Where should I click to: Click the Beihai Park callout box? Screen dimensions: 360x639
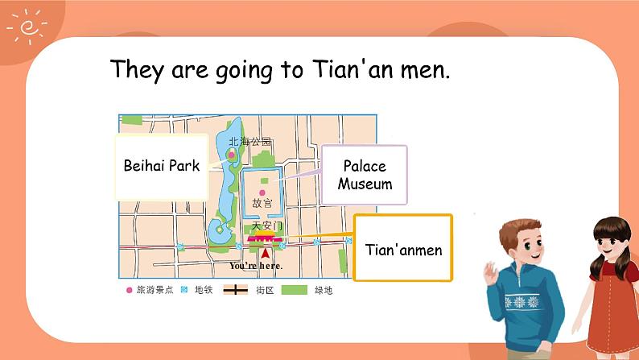(162, 167)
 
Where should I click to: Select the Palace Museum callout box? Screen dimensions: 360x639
(365, 175)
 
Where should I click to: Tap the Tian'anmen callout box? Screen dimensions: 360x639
(403, 249)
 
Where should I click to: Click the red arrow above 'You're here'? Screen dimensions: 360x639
(265, 253)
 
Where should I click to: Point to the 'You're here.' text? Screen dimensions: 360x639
(256, 266)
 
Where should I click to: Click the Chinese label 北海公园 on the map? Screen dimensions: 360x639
(250, 142)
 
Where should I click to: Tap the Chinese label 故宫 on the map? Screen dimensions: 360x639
(262, 205)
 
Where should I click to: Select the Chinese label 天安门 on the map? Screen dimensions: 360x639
(267, 226)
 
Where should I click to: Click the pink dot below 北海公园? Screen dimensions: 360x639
(232, 153)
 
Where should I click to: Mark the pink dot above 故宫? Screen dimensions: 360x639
(262, 192)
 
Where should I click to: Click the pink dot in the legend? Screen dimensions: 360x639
(130, 290)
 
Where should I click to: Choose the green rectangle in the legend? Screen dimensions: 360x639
(295, 290)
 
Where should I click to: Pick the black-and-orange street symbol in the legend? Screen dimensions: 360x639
(235, 290)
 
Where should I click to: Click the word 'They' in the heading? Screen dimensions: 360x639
(138, 69)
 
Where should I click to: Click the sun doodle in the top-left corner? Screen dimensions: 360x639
(26, 26)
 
